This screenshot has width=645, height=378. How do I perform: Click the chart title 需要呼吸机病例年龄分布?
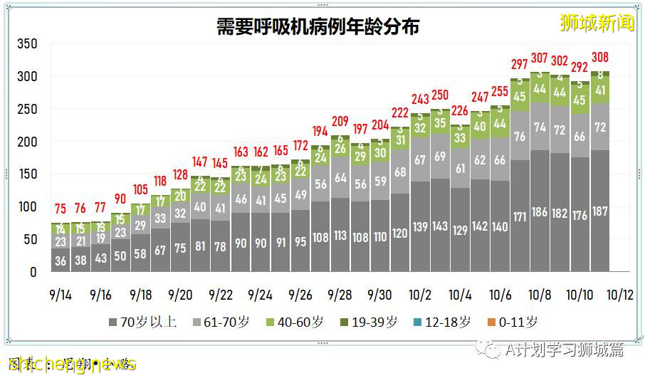tap(318, 27)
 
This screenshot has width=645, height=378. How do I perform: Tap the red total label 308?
tap(600, 57)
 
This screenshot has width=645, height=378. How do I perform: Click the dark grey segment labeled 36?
tap(61, 261)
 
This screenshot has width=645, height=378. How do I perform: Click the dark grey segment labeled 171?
tap(520, 216)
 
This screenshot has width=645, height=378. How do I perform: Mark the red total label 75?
tap(61, 209)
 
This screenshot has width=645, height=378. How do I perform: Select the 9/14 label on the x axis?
tap(61, 294)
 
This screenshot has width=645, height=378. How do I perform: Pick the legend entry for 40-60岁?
tap(295, 322)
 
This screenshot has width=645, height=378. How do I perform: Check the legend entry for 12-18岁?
tap(441, 322)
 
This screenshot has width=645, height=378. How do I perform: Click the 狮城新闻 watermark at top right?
tap(597, 23)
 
